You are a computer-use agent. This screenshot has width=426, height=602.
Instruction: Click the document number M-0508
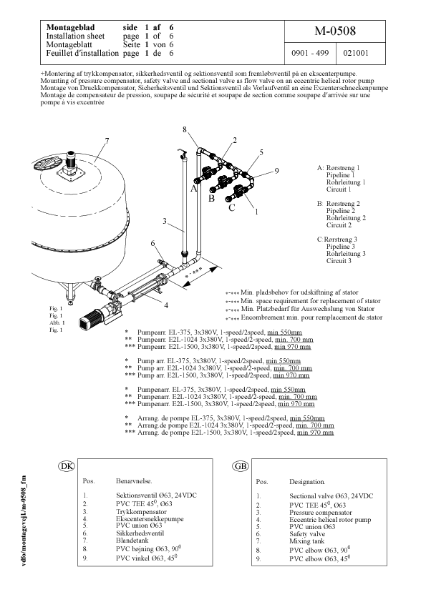tap(334, 32)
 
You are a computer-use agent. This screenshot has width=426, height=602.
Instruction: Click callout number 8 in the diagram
tap(184, 129)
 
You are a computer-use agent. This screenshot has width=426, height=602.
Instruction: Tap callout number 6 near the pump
tap(153, 244)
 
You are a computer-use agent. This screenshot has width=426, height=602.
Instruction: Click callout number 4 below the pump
tap(166, 305)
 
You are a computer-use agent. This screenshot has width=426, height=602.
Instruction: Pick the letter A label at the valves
tap(193, 189)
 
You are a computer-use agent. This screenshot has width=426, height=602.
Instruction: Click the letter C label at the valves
tap(231, 208)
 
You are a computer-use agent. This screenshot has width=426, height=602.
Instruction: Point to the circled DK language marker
tap(66, 466)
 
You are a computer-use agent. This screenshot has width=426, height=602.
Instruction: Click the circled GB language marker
tap(241, 466)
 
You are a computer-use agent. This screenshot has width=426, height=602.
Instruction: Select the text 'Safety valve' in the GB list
tap(307, 534)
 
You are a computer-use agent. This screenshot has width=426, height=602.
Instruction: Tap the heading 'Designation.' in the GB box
tap(307, 483)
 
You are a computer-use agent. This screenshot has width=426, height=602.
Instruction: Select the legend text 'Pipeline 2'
tap(341, 211)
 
